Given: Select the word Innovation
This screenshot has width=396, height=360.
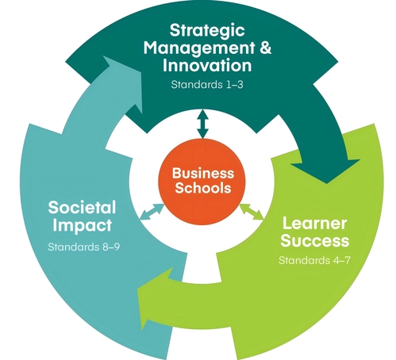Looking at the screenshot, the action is [207, 65].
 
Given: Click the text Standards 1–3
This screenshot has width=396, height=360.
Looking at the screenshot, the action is [207, 85].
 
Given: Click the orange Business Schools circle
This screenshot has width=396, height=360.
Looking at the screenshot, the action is [202, 182].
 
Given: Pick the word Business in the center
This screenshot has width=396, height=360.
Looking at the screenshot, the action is [203, 173].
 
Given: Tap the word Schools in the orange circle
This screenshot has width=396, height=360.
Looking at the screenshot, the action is [203, 188].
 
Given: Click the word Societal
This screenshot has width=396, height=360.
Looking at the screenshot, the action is [82, 207].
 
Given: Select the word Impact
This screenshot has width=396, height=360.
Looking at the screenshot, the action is [82, 225].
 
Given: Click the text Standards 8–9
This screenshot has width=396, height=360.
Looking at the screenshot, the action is [83, 247].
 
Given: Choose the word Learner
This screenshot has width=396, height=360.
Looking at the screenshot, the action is [314, 224].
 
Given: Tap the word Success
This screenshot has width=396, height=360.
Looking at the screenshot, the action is [315, 241].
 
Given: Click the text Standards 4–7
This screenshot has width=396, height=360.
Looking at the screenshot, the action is [314, 261].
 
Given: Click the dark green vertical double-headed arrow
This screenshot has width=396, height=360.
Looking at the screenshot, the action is [203, 124].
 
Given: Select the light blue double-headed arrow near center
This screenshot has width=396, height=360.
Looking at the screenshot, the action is [152, 212].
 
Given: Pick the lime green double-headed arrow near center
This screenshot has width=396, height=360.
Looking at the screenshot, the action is [252, 211].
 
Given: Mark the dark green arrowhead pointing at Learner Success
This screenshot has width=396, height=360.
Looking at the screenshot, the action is [326, 170].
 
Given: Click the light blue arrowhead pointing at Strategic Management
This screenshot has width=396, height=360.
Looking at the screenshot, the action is [123, 82].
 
